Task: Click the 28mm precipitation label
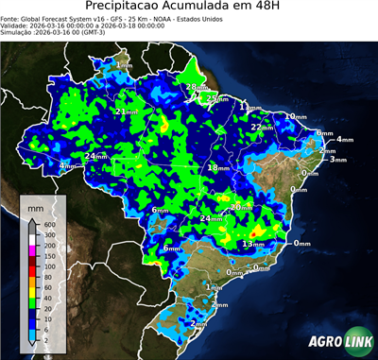click(191, 87)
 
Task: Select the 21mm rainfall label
click(124, 111)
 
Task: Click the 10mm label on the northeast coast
click(297, 116)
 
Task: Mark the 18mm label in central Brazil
click(217, 167)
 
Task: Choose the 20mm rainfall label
click(241, 207)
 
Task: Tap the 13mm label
click(252, 244)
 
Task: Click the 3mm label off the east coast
click(338, 160)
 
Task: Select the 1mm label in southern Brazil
click(213, 286)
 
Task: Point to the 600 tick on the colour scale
click(50, 224)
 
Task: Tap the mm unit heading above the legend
click(34, 205)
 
